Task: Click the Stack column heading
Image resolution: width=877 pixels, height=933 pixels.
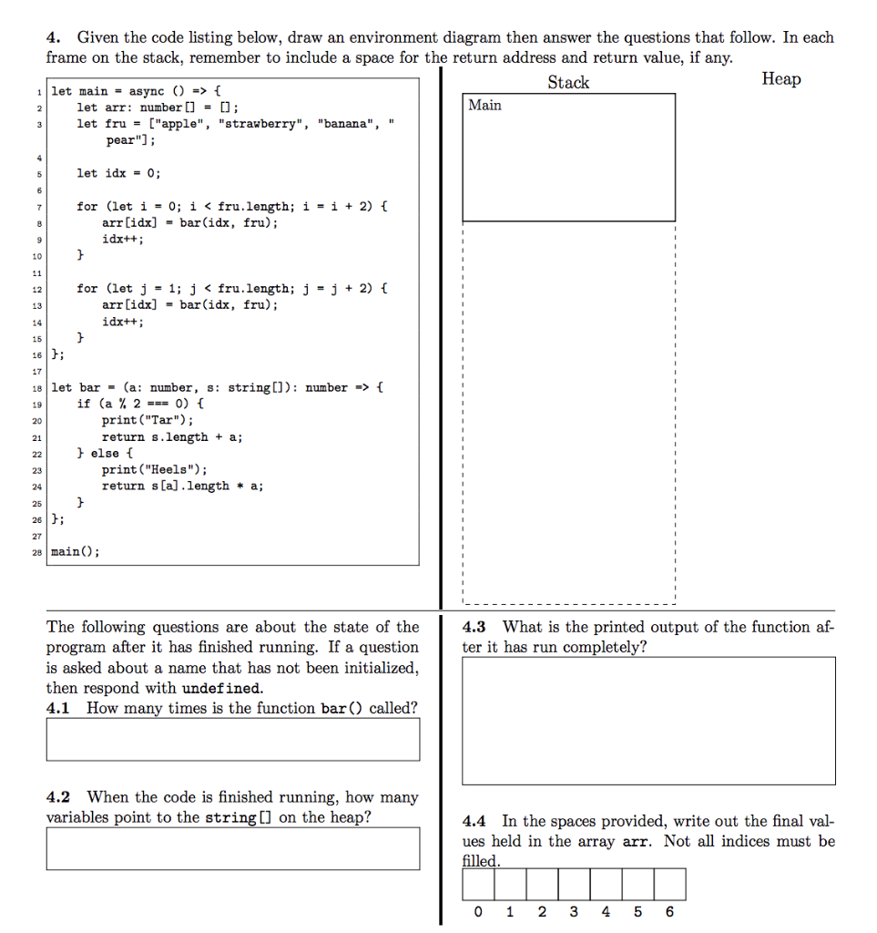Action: pyautogui.click(x=568, y=83)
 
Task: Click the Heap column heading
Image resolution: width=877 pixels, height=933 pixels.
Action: pyautogui.click(x=781, y=79)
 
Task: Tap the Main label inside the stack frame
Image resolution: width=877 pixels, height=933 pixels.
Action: pyautogui.click(x=485, y=106)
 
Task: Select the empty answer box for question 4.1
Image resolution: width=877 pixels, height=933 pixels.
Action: pyautogui.click(x=233, y=739)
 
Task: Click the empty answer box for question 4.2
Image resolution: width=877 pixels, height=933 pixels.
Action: pyautogui.click(x=233, y=847)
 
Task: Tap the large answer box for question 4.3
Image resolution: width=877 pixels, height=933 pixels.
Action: pyautogui.click(x=648, y=721)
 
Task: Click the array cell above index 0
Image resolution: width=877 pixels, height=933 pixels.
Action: pyautogui.click(x=478, y=884)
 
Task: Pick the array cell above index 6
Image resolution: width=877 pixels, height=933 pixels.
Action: pyautogui.click(x=669, y=884)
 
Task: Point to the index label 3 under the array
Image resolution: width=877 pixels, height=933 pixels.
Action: pyautogui.click(x=574, y=912)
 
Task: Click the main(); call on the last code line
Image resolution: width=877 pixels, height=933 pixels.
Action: pyautogui.click(x=76, y=552)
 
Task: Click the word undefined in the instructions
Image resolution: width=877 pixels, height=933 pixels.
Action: pyautogui.click(x=221, y=689)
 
